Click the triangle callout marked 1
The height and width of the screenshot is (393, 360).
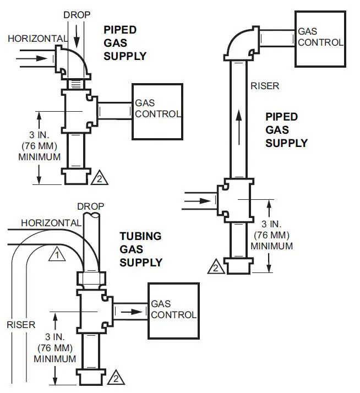pos(57,254)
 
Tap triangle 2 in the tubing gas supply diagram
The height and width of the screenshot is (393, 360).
pos(116,378)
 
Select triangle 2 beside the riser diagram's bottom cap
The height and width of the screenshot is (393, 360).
pos(216,268)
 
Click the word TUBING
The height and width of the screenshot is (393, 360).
pos(140,236)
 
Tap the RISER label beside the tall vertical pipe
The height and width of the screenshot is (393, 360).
pos(265,86)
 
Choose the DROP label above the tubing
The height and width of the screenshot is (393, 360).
pos(91,206)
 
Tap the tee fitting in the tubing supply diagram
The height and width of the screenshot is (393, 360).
pos(90,310)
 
